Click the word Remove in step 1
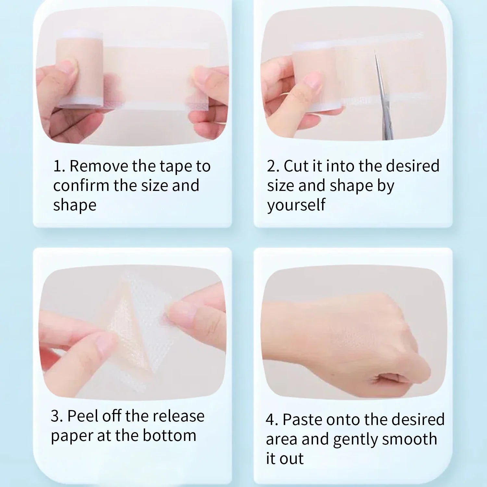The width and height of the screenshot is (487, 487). pos(99,166)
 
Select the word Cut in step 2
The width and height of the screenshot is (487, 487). pos(296,166)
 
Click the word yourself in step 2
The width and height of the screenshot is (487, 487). pos(296,206)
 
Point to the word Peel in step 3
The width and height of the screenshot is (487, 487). pos(82,416)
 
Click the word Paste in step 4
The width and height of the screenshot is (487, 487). pos(302,419)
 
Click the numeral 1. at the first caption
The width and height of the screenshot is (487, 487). pos(59,166)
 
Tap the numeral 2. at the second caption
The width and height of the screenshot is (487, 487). pos(273,166)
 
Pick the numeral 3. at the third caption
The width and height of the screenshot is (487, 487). pos(57,416)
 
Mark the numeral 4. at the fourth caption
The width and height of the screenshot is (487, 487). pos(272,420)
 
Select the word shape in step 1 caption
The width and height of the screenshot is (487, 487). pos(75,206)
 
